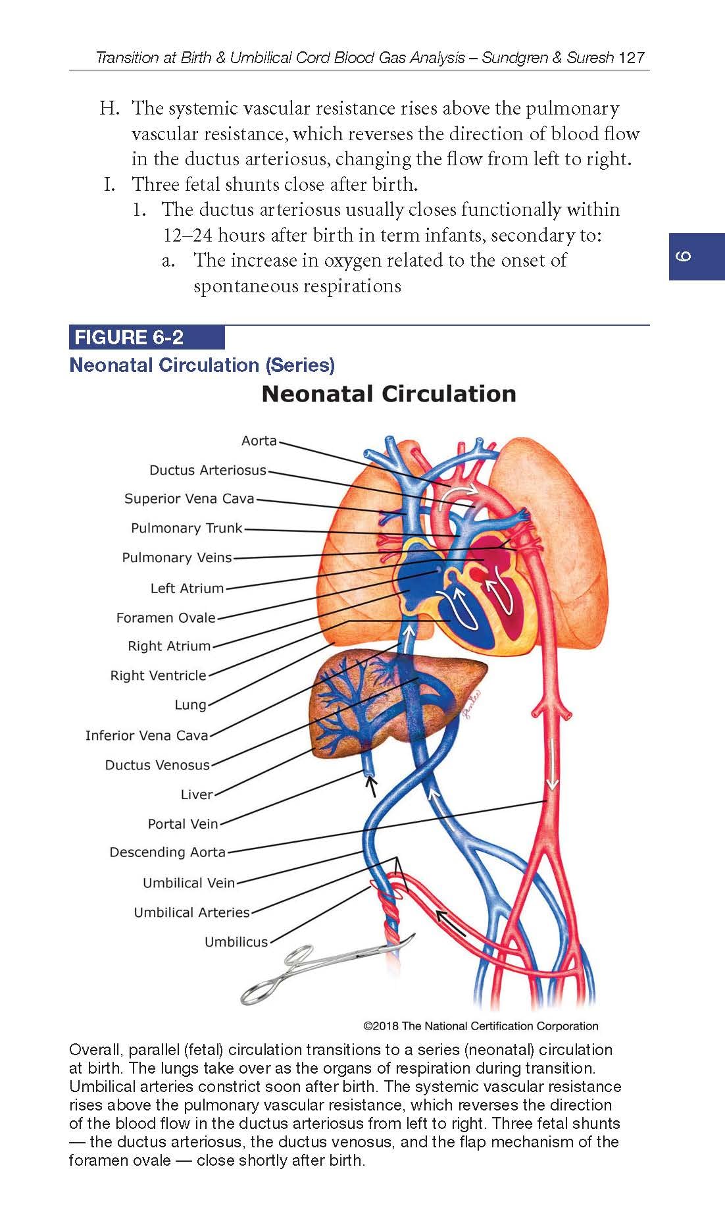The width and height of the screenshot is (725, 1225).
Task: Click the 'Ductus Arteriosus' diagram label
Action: tap(207, 470)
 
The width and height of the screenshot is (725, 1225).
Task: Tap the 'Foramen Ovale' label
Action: tap(166, 617)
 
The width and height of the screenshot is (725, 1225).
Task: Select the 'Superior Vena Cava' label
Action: tap(189, 498)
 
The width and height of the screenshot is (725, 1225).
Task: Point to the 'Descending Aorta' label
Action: tap(167, 852)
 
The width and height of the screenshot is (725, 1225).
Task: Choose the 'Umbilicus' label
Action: tap(236, 941)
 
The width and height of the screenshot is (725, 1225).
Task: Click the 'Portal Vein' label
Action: tap(182, 823)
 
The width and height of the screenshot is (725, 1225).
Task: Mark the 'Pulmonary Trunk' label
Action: tap(186, 528)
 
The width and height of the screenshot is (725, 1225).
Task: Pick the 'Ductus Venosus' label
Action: tap(157, 765)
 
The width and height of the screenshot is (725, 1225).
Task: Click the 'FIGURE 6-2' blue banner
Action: tap(146, 338)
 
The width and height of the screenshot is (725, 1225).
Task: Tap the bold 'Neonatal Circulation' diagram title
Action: tap(388, 394)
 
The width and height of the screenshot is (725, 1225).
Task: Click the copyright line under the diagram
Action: tap(480, 1026)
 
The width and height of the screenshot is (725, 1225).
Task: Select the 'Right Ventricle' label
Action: tap(158, 675)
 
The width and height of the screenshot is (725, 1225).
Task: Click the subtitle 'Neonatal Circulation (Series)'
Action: tap(202, 365)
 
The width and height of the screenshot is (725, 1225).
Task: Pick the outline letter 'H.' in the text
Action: tap(109, 108)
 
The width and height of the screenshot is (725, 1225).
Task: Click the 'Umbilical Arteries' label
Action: tap(191, 912)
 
